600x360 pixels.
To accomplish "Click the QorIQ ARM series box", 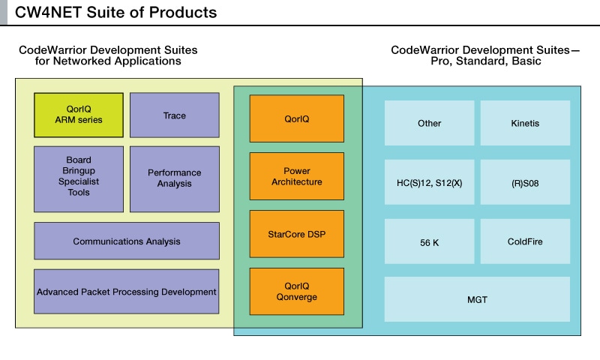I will pyautogui.click(x=79, y=115).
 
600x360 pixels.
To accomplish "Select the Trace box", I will pyautogui.click(x=175, y=115).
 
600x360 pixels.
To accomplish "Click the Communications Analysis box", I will pyautogui.click(x=127, y=241).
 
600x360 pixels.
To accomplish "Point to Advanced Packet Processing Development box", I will pyautogui.click(x=127, y=291).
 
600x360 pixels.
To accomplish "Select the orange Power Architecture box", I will pyautogui.click(x=297, y=176).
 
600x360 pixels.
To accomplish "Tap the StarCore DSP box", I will pyautogui.click(x=297, y=233).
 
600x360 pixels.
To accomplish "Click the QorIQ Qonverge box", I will pyautogui.click(x=297, y=291).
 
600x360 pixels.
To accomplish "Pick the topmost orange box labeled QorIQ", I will pyautogui.click(x=297, y=118).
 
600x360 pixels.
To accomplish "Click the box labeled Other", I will pyautogui.click(x=429, y=123).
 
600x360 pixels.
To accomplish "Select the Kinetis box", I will pyautogui.click(x=525, y=123).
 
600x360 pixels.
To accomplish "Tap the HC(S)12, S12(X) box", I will pyautogui.click(x=429, y=181).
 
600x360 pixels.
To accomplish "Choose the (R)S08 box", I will pyautogui.click(x=525, y=181).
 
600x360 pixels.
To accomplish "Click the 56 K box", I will pyautogui.click(x=429, y=241).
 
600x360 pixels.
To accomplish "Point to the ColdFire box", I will pyautogui.click(x=525, y=241).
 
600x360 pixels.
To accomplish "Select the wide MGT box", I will pyautogui.click(x=477, y=299).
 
